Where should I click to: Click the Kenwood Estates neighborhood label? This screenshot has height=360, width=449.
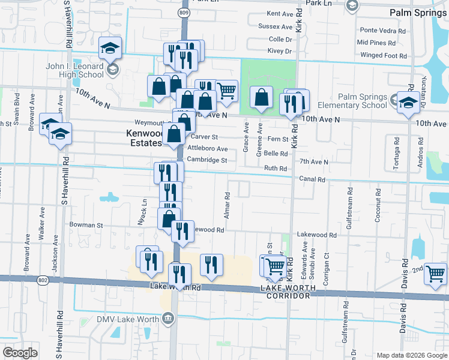145,138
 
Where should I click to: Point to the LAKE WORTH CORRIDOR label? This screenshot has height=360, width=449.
287,292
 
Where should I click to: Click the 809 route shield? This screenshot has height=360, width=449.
184,11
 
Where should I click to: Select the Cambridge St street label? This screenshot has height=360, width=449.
206,160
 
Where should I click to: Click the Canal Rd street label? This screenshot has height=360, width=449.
313,179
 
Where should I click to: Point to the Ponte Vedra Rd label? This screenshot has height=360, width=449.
382,30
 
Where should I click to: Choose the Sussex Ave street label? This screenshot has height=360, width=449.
275,26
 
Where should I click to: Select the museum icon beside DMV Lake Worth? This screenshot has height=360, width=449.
167,317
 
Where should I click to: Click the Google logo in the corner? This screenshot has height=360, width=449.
20,353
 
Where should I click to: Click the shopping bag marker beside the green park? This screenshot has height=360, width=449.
261,97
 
